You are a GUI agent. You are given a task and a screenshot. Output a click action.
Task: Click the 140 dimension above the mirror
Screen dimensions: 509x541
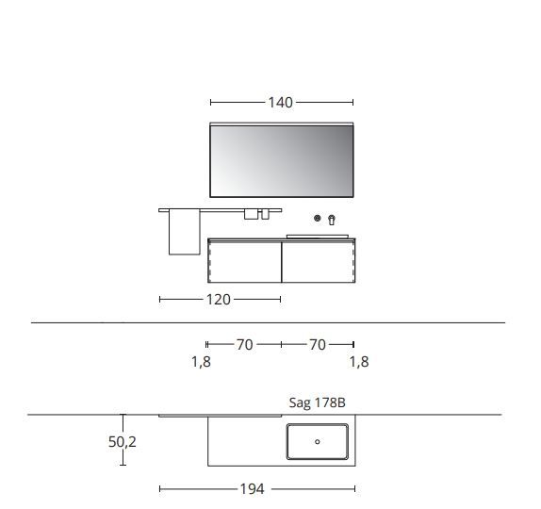(x=281, y=103)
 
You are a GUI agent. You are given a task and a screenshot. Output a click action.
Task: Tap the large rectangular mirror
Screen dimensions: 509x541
(x=281, y=161)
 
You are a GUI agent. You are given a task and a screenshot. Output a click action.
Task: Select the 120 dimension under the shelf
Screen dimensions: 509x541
(x=218, y=300)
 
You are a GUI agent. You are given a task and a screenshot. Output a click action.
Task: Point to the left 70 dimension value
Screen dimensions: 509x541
(x=244, y=345)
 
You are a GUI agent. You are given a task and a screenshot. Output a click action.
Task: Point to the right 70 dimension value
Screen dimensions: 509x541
(x=318, y=345)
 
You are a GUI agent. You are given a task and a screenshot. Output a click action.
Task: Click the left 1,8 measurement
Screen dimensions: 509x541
(x=201, y=362)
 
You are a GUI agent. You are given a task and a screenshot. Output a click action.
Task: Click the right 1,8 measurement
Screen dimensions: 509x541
(x=358, y=362)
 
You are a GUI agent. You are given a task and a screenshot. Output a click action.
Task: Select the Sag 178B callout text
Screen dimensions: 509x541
(x=317, y=403)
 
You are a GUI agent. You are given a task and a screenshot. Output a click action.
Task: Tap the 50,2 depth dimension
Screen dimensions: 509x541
(x=123, y=441)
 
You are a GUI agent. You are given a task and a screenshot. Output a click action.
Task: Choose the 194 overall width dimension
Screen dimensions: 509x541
(x=252, y=489)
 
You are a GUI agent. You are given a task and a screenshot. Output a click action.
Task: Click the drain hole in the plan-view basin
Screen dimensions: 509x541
(x=318, y=441)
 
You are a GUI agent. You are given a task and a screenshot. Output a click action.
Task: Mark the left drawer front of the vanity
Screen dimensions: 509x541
(x=244, y=260)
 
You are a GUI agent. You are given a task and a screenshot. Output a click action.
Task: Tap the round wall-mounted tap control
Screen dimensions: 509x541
(x=319, y=218)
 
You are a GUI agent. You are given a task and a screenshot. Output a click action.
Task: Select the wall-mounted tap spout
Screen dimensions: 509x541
(x=331, y=220)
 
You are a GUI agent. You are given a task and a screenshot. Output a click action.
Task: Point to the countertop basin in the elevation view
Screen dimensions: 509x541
(x=318, y=232)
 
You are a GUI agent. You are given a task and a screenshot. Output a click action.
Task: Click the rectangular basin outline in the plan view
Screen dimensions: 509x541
(x=318, y=441)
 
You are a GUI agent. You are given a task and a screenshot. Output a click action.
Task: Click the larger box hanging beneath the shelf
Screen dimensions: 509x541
(x=251, y=215)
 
